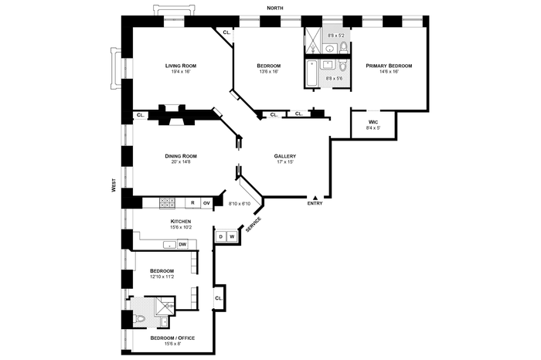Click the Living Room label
coord(180,66)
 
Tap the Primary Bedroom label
coord(389,66)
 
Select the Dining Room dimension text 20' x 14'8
coord(181,161)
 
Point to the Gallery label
coord(285,156)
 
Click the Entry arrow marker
coord(315,198)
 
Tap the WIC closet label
coord(373,122)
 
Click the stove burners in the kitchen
coord(167,202)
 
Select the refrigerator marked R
coord(192,202)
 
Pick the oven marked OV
coord(206,203)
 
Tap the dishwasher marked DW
coord(182,244)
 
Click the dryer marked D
coord(221,236)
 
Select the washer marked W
coord(232,236)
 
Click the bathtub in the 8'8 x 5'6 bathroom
coord(311,73)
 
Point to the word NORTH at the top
coord(275,8)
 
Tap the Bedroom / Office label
coord(172,338)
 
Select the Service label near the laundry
coord(253,224)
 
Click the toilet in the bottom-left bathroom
coord(141,320)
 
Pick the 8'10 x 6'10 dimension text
coord(240,204)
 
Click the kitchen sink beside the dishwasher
coord(169,245)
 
